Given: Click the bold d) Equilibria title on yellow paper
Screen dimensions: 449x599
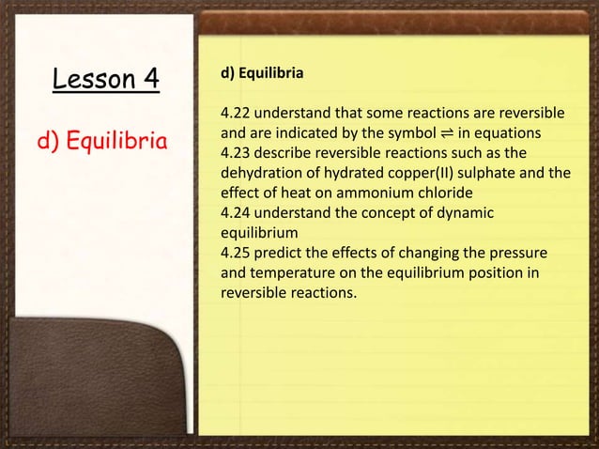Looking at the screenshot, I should pyautogui.click(x=255, y=71).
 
